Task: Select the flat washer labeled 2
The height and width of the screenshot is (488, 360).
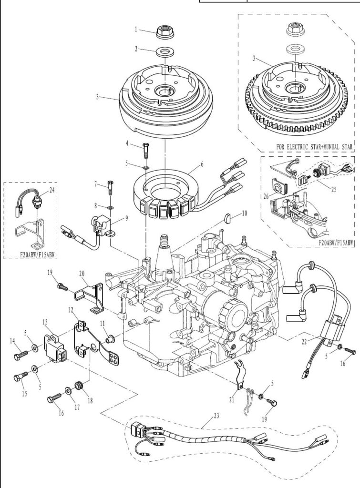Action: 164,51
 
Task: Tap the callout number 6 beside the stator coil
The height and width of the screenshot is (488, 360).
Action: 202,164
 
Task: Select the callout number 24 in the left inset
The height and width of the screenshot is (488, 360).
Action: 51,190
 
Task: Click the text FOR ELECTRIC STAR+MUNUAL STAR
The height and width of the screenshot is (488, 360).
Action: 315,146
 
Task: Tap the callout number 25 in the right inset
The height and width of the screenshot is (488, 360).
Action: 333,189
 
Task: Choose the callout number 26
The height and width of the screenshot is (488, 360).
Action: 266,196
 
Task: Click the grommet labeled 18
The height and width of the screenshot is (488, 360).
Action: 80,386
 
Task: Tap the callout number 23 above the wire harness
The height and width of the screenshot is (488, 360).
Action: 216,416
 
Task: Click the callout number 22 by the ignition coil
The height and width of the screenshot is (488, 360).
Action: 304,341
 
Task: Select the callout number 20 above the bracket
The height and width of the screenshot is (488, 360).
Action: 82,274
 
